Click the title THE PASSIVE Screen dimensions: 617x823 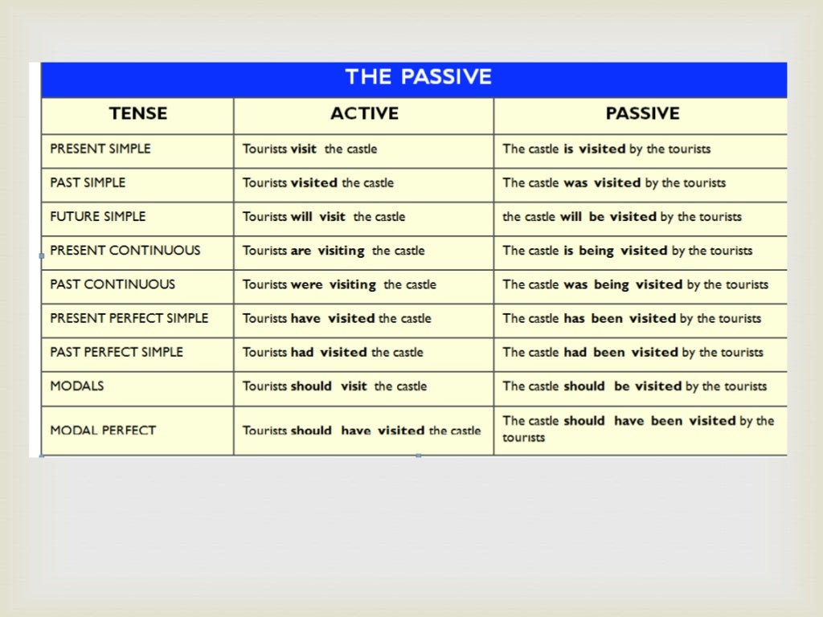pyautogui.click(x=418, y=77)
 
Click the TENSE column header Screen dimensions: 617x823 pyautogui.click(x=138, y=114)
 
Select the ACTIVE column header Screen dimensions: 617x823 pyautogui.click(x=364, y=114)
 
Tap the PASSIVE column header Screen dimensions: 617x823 pyautogui.click(x=642, y=114)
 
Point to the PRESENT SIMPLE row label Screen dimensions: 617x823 pyautogui.click(x=100, y=149)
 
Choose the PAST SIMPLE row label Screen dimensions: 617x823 pyautogui.click(x=88, y=182)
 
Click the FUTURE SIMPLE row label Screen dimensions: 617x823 pyautogui.click(x=98, y=216)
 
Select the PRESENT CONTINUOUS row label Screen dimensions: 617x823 pyautogui.click(x=125, y=250)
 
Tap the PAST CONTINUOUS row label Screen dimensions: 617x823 pyautogui.click(x=113, y=284)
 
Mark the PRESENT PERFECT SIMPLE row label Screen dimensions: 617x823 pyautogui.click(x=129, y=318)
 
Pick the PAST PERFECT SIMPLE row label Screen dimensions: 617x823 pyautogui.click(x=117, y=352)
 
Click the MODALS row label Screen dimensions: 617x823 pyautogui.click(x=77, y=386)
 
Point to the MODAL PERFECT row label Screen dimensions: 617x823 pyautogui.click(x=103, y=431)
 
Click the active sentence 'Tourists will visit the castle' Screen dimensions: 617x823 pyautogui.click(x=324, y=217)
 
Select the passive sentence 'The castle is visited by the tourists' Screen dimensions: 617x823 pyautogui.click(x=606, y=149)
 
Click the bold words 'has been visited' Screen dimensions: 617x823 pyautogui.click(x=620, y=318)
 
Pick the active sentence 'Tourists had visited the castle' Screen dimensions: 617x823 pyautogui.click(x=333, y=352)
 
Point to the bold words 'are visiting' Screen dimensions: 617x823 pyautogui.click(x=328, y=251)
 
